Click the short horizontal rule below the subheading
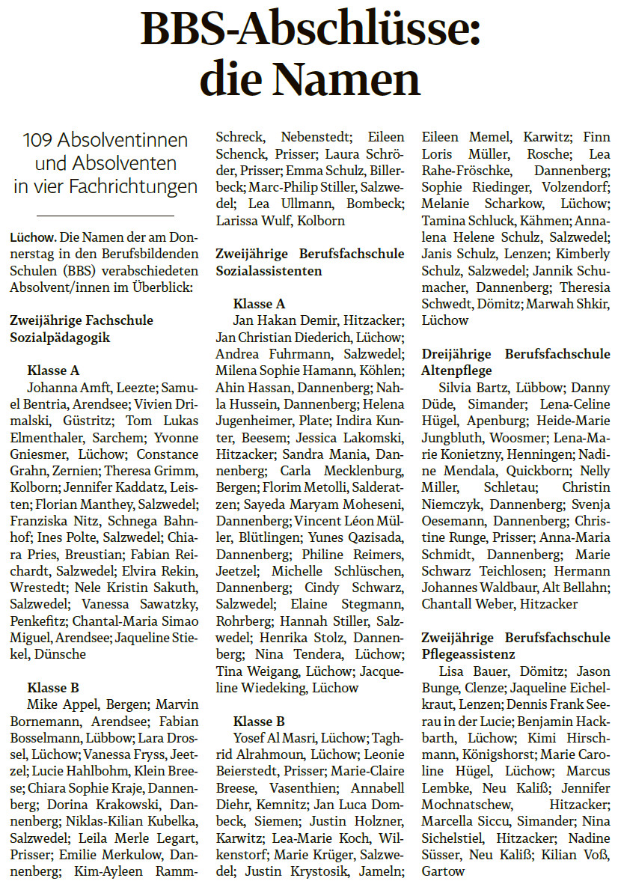(x=105, y=216)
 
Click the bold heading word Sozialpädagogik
(x=60, y=337)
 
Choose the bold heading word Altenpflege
(x=456, y=370)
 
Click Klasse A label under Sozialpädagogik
(x=53, y=371)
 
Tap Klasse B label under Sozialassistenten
(x=259, y=722)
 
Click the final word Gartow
(x=443, y=871)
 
